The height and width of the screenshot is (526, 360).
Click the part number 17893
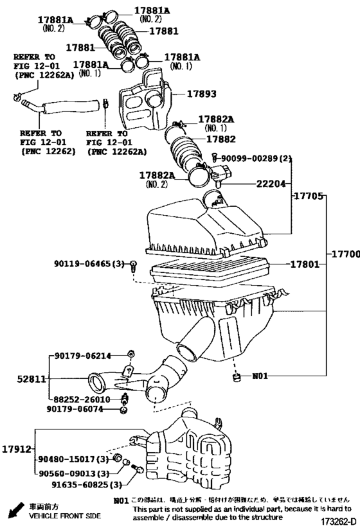(203, 93)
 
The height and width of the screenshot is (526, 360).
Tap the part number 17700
(344, 255)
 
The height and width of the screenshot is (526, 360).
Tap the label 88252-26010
(83, 398)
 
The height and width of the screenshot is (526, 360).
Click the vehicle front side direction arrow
(12, 512)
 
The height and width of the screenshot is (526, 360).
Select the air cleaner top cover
(206, 228)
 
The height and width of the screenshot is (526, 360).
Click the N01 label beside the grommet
(259, 376)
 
